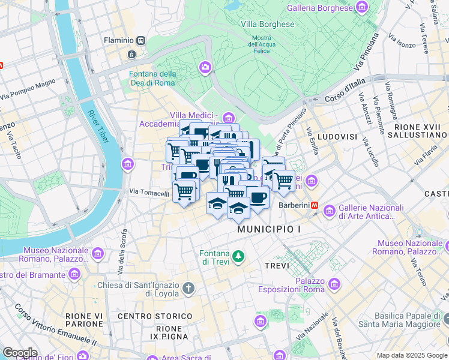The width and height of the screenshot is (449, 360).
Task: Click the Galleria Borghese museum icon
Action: tap(361, 8)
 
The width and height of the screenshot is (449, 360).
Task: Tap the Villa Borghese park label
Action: tap(268, 25)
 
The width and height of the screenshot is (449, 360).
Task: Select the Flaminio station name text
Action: tap(119, 40)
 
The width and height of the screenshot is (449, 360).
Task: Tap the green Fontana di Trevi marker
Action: tap(239, 257)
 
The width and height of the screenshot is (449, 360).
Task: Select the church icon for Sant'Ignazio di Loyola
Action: tap(188, 289)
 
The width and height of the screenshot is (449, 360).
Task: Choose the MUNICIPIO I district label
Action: tap(268, 229)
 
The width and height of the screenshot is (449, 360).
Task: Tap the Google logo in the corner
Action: tap(20, 353)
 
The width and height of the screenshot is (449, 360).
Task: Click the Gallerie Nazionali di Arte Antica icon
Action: tap(329, 211)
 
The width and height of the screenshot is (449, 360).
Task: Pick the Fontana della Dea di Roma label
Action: tap(152, 79)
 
